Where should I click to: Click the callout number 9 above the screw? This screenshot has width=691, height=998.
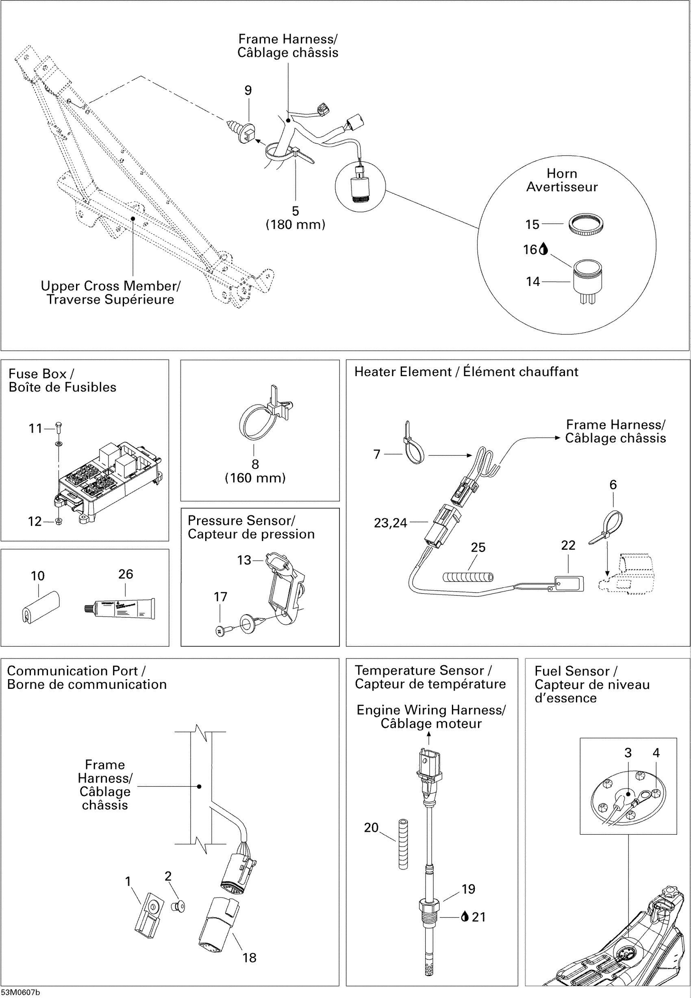(x=248, y=91)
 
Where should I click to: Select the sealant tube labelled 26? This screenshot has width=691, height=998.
(x=121, y=608)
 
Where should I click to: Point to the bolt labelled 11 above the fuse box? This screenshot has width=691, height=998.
(x=59, y=428)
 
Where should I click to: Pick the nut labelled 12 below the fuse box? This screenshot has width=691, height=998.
(x=59, y=521)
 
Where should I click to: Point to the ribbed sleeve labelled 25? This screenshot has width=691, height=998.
(x=467, y=577)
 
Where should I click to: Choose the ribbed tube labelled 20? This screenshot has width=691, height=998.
(x=403, y=844)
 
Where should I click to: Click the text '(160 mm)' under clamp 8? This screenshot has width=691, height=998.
(x=255, y=478)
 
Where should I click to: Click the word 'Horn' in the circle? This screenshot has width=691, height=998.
(x=562, y=173)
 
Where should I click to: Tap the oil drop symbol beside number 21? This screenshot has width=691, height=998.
(x=465, y=916)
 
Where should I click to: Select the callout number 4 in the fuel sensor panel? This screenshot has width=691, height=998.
(x=656, y=753)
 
